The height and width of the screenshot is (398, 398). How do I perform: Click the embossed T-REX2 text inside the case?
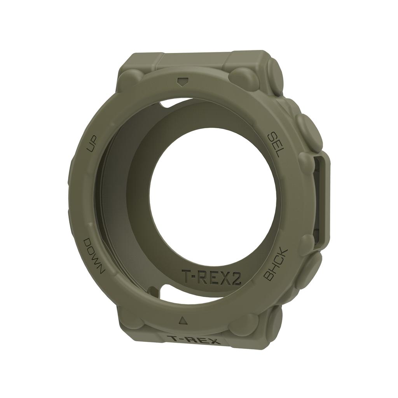211,276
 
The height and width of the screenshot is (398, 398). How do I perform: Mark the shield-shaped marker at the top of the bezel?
181,82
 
